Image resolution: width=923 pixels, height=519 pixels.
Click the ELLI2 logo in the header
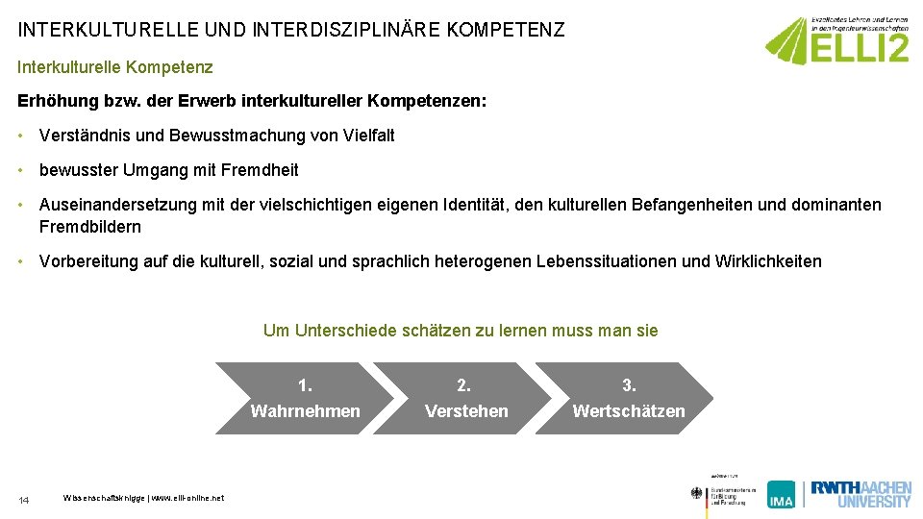coord(836,40)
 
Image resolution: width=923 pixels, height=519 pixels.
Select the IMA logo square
coord(781,494)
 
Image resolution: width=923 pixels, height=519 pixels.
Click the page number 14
coord(24,500)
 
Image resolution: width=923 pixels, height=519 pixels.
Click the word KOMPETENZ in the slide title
coord(511,30)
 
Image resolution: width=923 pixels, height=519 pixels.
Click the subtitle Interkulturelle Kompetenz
coord(115,67)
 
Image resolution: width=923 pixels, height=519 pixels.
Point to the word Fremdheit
coord(260,170)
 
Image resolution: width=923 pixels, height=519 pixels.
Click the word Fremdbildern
coord(90,227)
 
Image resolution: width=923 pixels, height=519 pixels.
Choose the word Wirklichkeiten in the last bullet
coord(768,261)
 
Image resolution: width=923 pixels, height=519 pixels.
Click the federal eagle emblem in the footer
coord(697,494)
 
